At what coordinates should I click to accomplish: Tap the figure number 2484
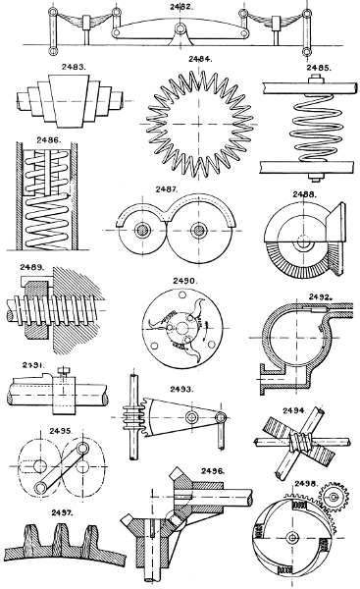tap(199, 59)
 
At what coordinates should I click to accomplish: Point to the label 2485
tap(321, 68)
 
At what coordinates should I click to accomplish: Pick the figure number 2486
tap(50, 140)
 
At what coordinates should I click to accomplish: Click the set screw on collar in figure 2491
tap(61, 372)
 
